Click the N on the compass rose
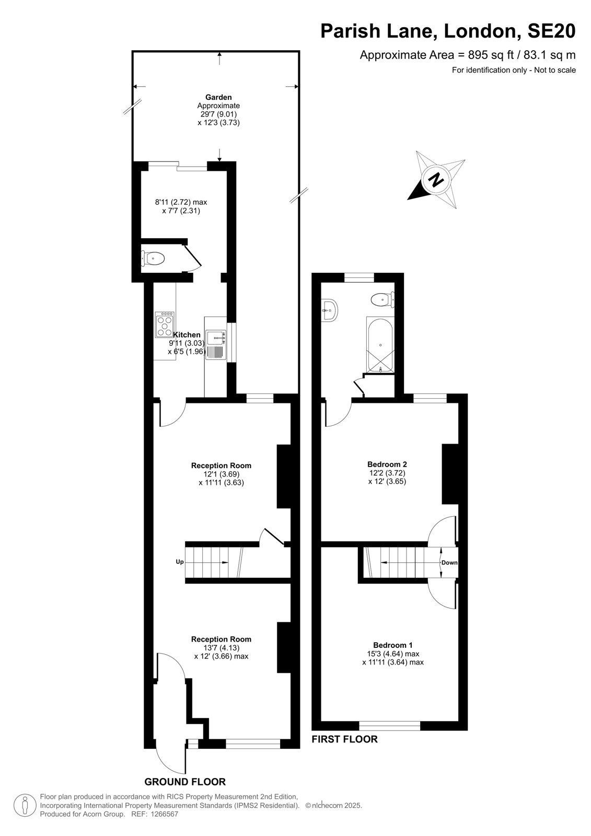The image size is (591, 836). (436, 181)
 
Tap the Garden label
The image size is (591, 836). (218, 97)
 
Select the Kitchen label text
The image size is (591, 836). (187, 335)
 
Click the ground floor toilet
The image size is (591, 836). (153, 258)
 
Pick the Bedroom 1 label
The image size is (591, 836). (393, 645)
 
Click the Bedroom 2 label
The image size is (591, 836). (387, 465)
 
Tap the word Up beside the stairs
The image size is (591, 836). (180, 562)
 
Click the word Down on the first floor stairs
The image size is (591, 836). (449, 562)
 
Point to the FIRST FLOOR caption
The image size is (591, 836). (344, 739)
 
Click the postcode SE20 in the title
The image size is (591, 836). (551, 31)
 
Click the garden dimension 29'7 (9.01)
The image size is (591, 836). (218, 114)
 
